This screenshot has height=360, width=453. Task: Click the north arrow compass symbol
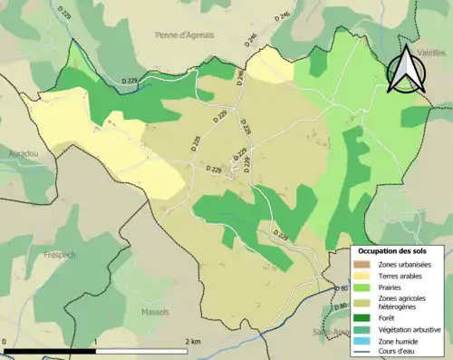(404, 72)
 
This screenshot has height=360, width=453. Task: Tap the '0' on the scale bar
(5, 342)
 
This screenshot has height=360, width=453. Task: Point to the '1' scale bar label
(95, 342)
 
